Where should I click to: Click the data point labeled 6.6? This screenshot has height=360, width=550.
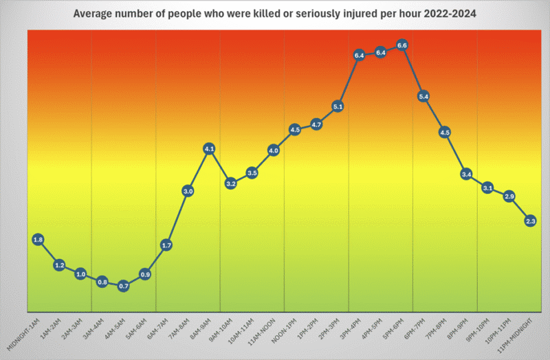pyautogui.click(x=402, y=45)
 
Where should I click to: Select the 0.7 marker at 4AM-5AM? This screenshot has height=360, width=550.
pyautogui.click(x=124, y=286)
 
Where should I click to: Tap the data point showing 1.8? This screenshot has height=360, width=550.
pyautogui.click(x=38, y=240)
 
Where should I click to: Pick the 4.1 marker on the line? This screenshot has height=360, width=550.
pyautogui.click(x=210, y=148)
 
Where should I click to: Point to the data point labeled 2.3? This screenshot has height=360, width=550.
pyautogui.click(x=530, y=221)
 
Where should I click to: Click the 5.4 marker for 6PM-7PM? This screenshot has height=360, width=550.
pyautogui.click(x=423, y=97)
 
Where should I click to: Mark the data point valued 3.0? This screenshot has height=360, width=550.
pyautogui.click(x=188, y=191)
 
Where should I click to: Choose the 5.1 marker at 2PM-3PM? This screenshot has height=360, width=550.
pyautogui.click(x=338, y=107)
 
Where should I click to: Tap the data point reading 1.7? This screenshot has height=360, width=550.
pyautogui.click(x=166, y=245)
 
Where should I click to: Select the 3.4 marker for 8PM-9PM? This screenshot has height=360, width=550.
pyautogui.click(x=466, y=174)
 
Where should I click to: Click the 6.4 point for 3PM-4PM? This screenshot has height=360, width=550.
pyautogui.click(x=359, y=54)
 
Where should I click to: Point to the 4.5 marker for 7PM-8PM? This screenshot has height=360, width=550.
pyautogui.click(x=445, y=132)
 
